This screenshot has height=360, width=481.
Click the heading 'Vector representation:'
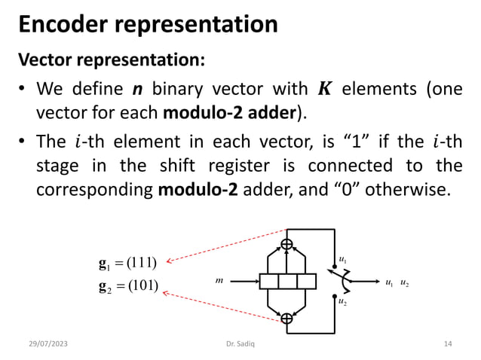[x=110, y=59]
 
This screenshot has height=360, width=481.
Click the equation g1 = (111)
[x=127, y=263]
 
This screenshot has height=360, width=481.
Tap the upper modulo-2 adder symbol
[x=287, y=244]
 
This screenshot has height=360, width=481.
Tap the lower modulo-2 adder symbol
[x=287, y=319]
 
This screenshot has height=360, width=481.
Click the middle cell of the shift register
[x=287, y=282]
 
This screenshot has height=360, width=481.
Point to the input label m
[x=219, y=281]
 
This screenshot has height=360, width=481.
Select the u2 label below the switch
[x=342, y=302]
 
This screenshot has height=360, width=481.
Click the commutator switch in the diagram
[x=342, y=281]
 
